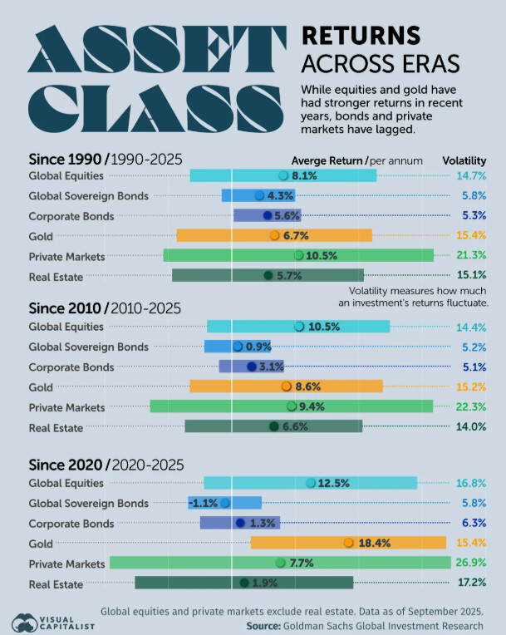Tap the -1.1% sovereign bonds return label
(203, 503)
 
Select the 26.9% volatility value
(470, 563)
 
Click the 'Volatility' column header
(464, 160)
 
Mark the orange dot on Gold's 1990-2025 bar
(274, 236)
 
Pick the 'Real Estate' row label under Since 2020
(56, 583)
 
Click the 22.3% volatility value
(470, 407)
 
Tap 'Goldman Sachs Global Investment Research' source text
(382, 625)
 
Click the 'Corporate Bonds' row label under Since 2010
(71, 367)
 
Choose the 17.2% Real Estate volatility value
(470, 583)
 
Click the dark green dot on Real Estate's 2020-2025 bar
(244, 583)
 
